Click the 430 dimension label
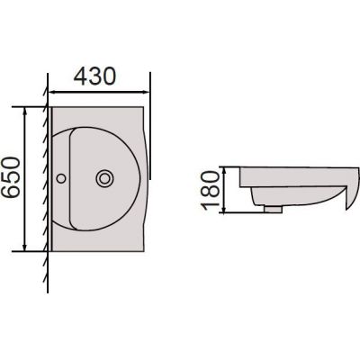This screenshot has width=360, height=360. [x=94, y=76]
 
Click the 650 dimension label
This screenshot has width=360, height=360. [x=11, y=177]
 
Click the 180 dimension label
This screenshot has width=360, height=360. [x=211, y=190]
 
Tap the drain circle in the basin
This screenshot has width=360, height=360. [x=104, y=179]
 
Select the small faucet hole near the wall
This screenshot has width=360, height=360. [x=61, y=178]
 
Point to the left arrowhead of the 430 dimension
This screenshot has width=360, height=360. [x=51, y=92]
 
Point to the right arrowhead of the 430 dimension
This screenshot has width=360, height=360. [x=146, y=92]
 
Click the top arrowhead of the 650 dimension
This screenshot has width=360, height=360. [x=25, y=111]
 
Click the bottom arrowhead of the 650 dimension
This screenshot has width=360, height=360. [x=25, y=247]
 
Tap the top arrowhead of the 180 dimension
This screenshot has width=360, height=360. [x=224, y=170]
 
